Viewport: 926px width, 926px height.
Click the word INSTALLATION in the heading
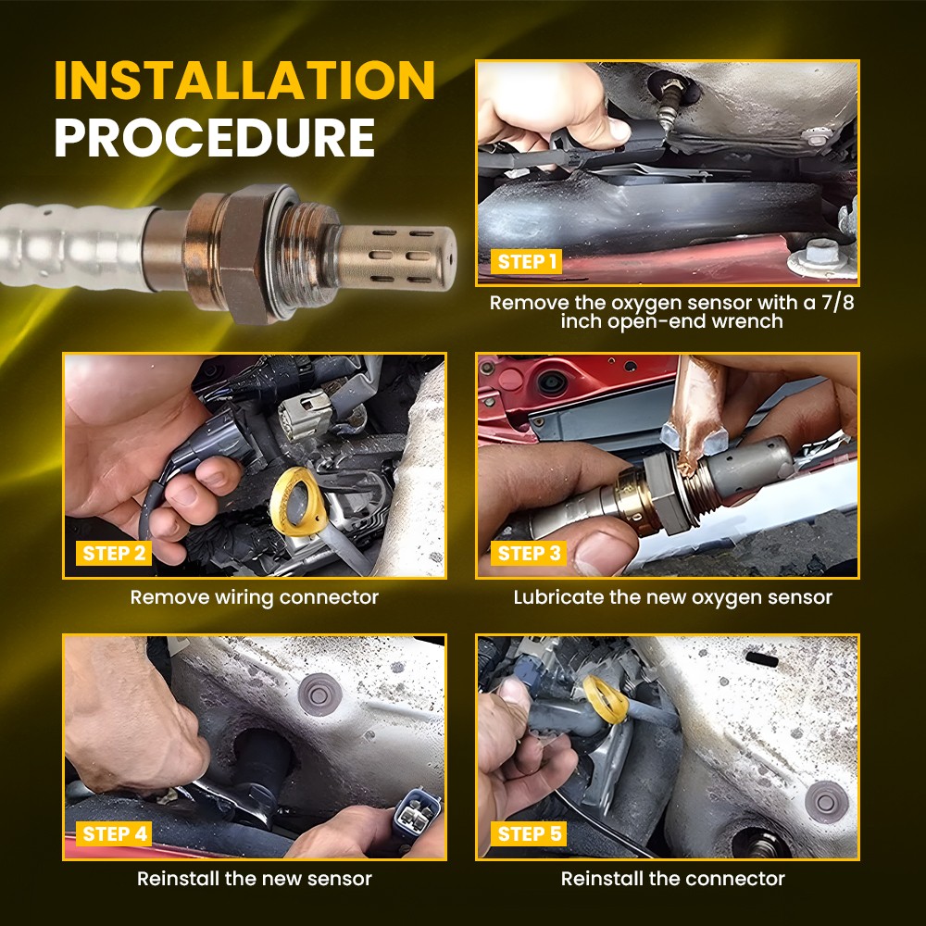pyautogui.click(x=244, y=80)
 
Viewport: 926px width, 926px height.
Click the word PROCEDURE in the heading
pyautogui.click(x=215, y=138)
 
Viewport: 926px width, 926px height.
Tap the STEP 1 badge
pyautogui.click(x=526, y=262)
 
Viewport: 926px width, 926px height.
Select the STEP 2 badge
pyautogui.click(x=114, y=554)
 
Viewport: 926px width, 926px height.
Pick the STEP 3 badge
pyautogui.click(x=529, y=554)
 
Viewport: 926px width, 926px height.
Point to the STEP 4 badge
pyautogui.click(x=114, y=834)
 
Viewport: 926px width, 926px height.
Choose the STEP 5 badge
pyautogui.click(x=529, y=834)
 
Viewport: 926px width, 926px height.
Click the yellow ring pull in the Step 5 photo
pyautogui.click(x=606, y=699)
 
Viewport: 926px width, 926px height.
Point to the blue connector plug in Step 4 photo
pyautogui.click(x=418, y=813)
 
